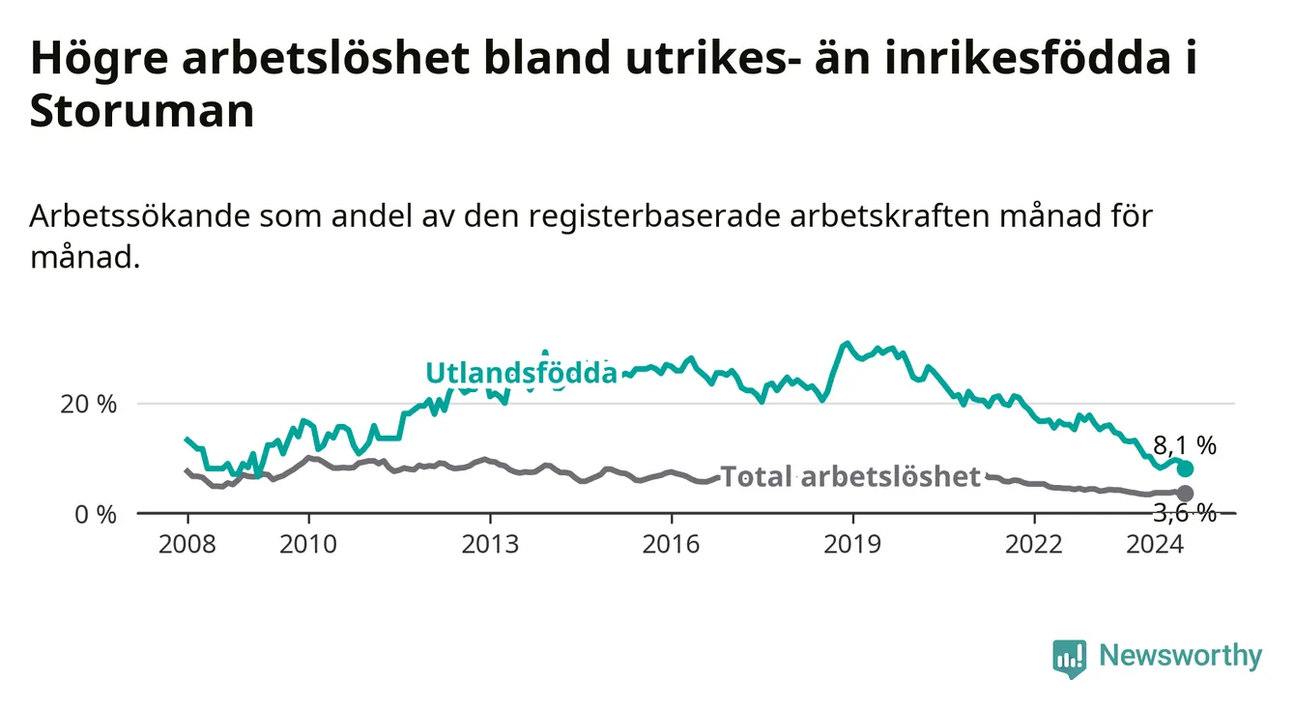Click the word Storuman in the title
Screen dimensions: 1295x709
pos(142,110)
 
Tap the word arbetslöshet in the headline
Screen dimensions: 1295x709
pos(326,58)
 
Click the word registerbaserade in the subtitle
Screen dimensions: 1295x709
pos(654,217)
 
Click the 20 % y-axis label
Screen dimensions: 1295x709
pos(89,404)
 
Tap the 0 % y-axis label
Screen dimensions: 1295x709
pos(96,514)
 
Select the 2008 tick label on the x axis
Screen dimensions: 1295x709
pos(187,545)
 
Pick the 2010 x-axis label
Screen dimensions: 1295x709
pos(308,545)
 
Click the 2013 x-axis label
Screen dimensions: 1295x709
pos(490,545)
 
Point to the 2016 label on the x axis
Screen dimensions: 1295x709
pos(672,545)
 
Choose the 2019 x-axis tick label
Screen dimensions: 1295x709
pos(852,545)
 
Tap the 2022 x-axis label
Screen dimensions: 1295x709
pos(1034,545)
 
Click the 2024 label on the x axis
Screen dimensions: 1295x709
pos(1155,545)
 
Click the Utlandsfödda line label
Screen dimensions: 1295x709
pos(522,373)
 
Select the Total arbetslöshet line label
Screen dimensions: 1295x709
pos(851,477)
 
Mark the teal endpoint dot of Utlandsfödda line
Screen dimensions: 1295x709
pos(1185,468)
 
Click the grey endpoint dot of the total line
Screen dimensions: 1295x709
pos(1185,494)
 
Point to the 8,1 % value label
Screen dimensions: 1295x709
pos(1185,445)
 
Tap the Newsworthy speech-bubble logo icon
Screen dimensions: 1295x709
pos(1070,659)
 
